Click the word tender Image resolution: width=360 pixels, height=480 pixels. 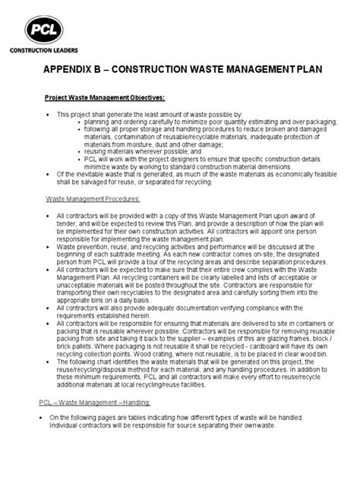68,223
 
